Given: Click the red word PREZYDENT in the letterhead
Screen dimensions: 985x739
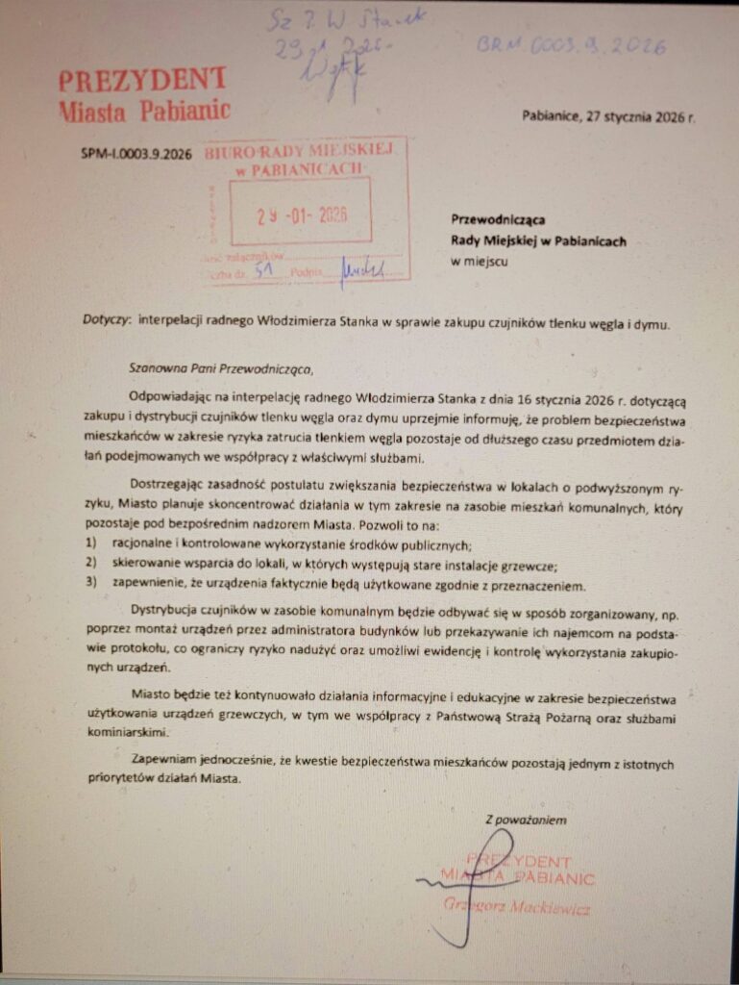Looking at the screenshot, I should [x=142, y=80].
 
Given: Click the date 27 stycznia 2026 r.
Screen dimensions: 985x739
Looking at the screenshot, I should [x=627, y=116].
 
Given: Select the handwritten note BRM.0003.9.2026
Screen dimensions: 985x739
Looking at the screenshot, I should [x=571, y=44].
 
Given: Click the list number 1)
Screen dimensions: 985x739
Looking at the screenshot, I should [x=92, y=544].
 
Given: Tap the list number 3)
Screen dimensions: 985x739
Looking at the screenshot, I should [x=92, y=585].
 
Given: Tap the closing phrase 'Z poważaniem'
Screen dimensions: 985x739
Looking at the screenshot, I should [x=526, y=821].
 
